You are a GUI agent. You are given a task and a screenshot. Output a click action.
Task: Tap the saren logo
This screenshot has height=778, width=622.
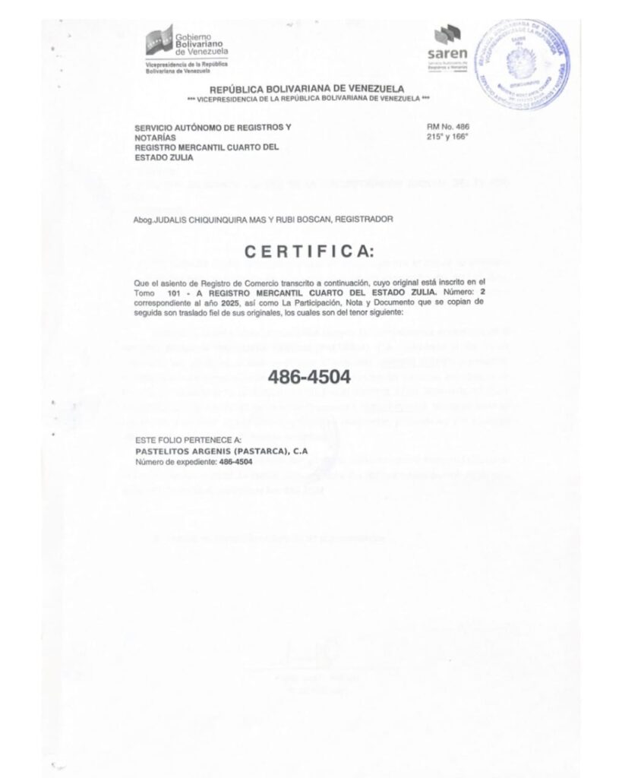coord(447,45)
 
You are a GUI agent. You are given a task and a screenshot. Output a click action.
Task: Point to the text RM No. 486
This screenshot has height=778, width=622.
coord(449,126)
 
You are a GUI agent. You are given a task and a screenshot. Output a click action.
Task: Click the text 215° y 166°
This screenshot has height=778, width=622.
coord(449,136)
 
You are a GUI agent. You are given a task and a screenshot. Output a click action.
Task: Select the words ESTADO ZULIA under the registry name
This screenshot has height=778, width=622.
coord(163,158)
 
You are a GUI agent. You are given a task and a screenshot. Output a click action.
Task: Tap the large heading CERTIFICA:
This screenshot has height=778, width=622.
coord(308,252)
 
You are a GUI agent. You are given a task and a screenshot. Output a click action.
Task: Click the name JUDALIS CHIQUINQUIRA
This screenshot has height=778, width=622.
coord(200,219)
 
